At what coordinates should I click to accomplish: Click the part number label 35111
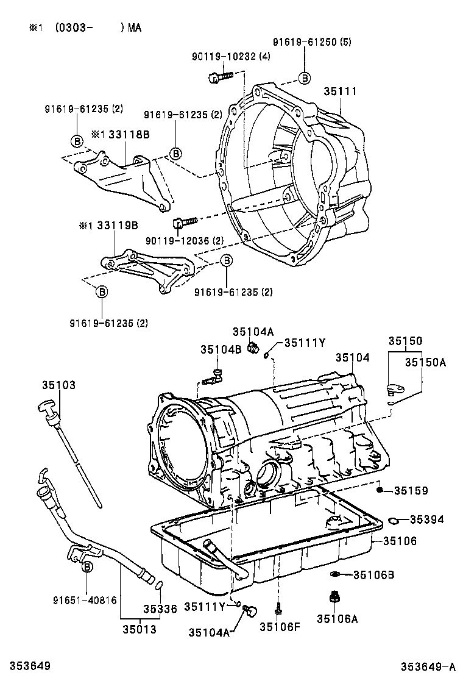coord(340,91)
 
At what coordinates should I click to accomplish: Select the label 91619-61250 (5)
coord(311,42)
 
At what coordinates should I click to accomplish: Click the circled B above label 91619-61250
coord(304,77)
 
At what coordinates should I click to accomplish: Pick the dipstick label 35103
coord(59,385)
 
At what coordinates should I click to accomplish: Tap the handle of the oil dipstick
coord(49,405)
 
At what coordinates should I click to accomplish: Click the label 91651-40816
coord(88,600)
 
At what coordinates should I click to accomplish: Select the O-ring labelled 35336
coord(158,586)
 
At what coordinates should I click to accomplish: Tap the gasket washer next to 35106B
coord(334,574)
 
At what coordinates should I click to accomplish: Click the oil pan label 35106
coord(400,540)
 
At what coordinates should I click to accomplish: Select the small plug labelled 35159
coord(379,490)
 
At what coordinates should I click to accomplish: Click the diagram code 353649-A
coord(428,666)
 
